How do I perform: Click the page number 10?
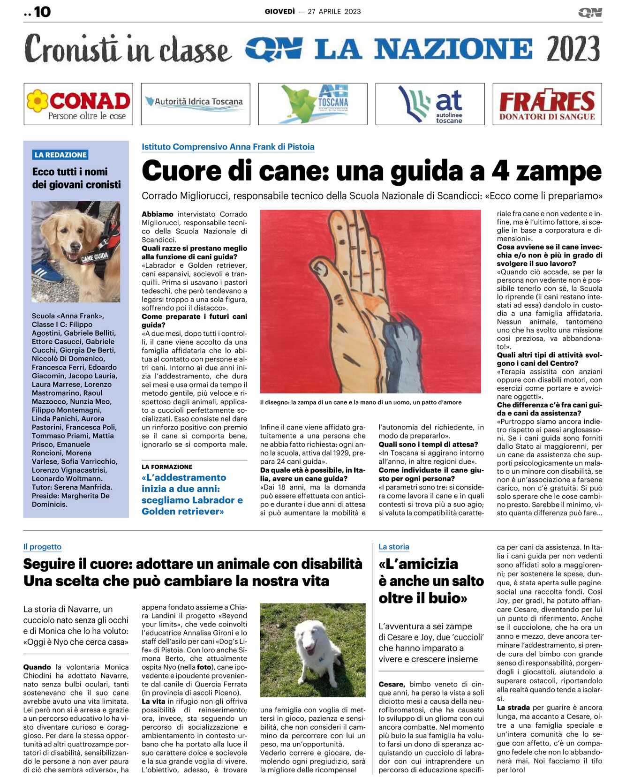point(42,12)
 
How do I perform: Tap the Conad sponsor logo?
point(78,104)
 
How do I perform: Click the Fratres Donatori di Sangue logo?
point(547,104)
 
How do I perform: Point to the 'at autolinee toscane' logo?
point(430,104)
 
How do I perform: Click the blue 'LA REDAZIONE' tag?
point(61,155)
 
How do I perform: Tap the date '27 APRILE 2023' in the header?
point(334,12)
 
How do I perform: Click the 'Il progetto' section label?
point(42,547)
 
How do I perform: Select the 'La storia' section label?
point(394,547)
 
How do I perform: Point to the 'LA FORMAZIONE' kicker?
point(167,467)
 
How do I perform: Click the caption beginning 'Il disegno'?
point(361,402)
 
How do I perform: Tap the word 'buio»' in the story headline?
point(446,598)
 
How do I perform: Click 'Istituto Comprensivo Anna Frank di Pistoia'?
point(228,147)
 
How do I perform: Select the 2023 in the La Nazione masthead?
point(573,49)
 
